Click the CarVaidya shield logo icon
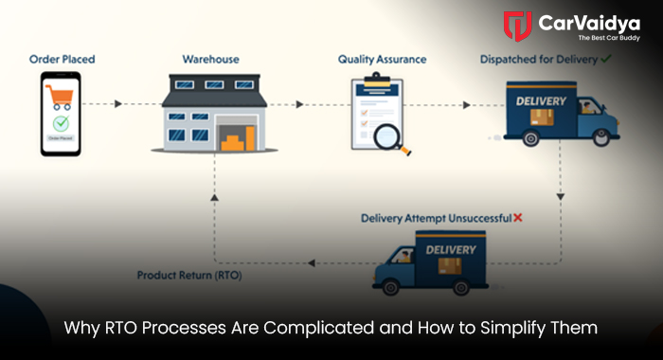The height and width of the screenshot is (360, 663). (517, 27)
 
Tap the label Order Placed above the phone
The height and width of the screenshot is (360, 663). (61, 60)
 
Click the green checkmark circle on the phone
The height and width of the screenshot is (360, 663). (61, 124)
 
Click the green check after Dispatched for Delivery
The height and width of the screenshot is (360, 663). (605, 59)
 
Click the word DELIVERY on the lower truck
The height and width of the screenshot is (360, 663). (450, 249)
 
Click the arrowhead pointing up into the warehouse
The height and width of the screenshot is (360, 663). (215, 195)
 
